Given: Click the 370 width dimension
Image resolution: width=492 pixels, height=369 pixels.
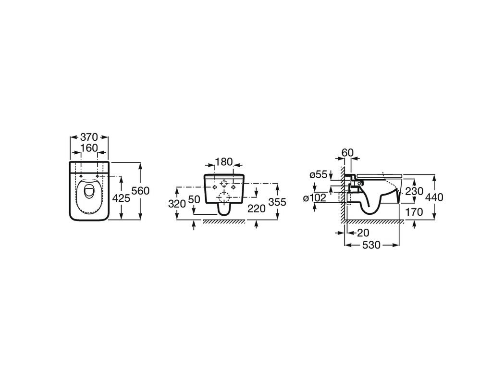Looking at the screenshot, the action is tap(89, 137).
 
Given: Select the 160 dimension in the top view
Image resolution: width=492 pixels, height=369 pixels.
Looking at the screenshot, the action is tap(89, 148).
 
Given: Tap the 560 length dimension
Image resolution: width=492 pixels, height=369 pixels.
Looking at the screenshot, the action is tap(140, 190).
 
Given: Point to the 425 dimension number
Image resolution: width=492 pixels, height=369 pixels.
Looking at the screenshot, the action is tap(121, 198).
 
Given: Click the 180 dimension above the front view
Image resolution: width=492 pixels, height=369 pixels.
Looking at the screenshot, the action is tap(223, 162).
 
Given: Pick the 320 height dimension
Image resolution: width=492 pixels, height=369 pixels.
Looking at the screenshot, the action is tap(177, 204).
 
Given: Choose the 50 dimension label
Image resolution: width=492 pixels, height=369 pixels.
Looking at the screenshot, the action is tap(194, 199).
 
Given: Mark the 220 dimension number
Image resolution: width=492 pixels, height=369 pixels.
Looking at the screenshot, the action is tap(257, 208).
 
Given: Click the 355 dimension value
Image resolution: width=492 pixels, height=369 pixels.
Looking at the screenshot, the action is tap(277, 202).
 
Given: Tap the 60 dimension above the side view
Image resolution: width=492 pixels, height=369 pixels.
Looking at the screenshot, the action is tap(347, 152).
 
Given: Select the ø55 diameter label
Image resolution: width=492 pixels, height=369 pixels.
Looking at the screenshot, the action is tap(319, 175).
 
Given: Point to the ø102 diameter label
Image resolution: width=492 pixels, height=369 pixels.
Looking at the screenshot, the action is tap(315, 197).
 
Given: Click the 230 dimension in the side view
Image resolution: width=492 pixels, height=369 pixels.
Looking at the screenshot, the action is tap(414, 191).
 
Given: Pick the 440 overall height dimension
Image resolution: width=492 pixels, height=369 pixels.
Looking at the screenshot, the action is tap(434, 197).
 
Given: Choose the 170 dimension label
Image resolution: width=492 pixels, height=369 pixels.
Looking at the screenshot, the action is tap(414, 212).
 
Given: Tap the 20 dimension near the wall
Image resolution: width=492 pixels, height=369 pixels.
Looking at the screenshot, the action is tap(363, 233).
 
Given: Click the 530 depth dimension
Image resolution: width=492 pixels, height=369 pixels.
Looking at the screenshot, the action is tap(371, 245).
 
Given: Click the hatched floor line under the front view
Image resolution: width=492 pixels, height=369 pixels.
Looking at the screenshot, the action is tap(223, 221).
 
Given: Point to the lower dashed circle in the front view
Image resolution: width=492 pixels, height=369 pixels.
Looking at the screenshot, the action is tap(223, 197).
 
